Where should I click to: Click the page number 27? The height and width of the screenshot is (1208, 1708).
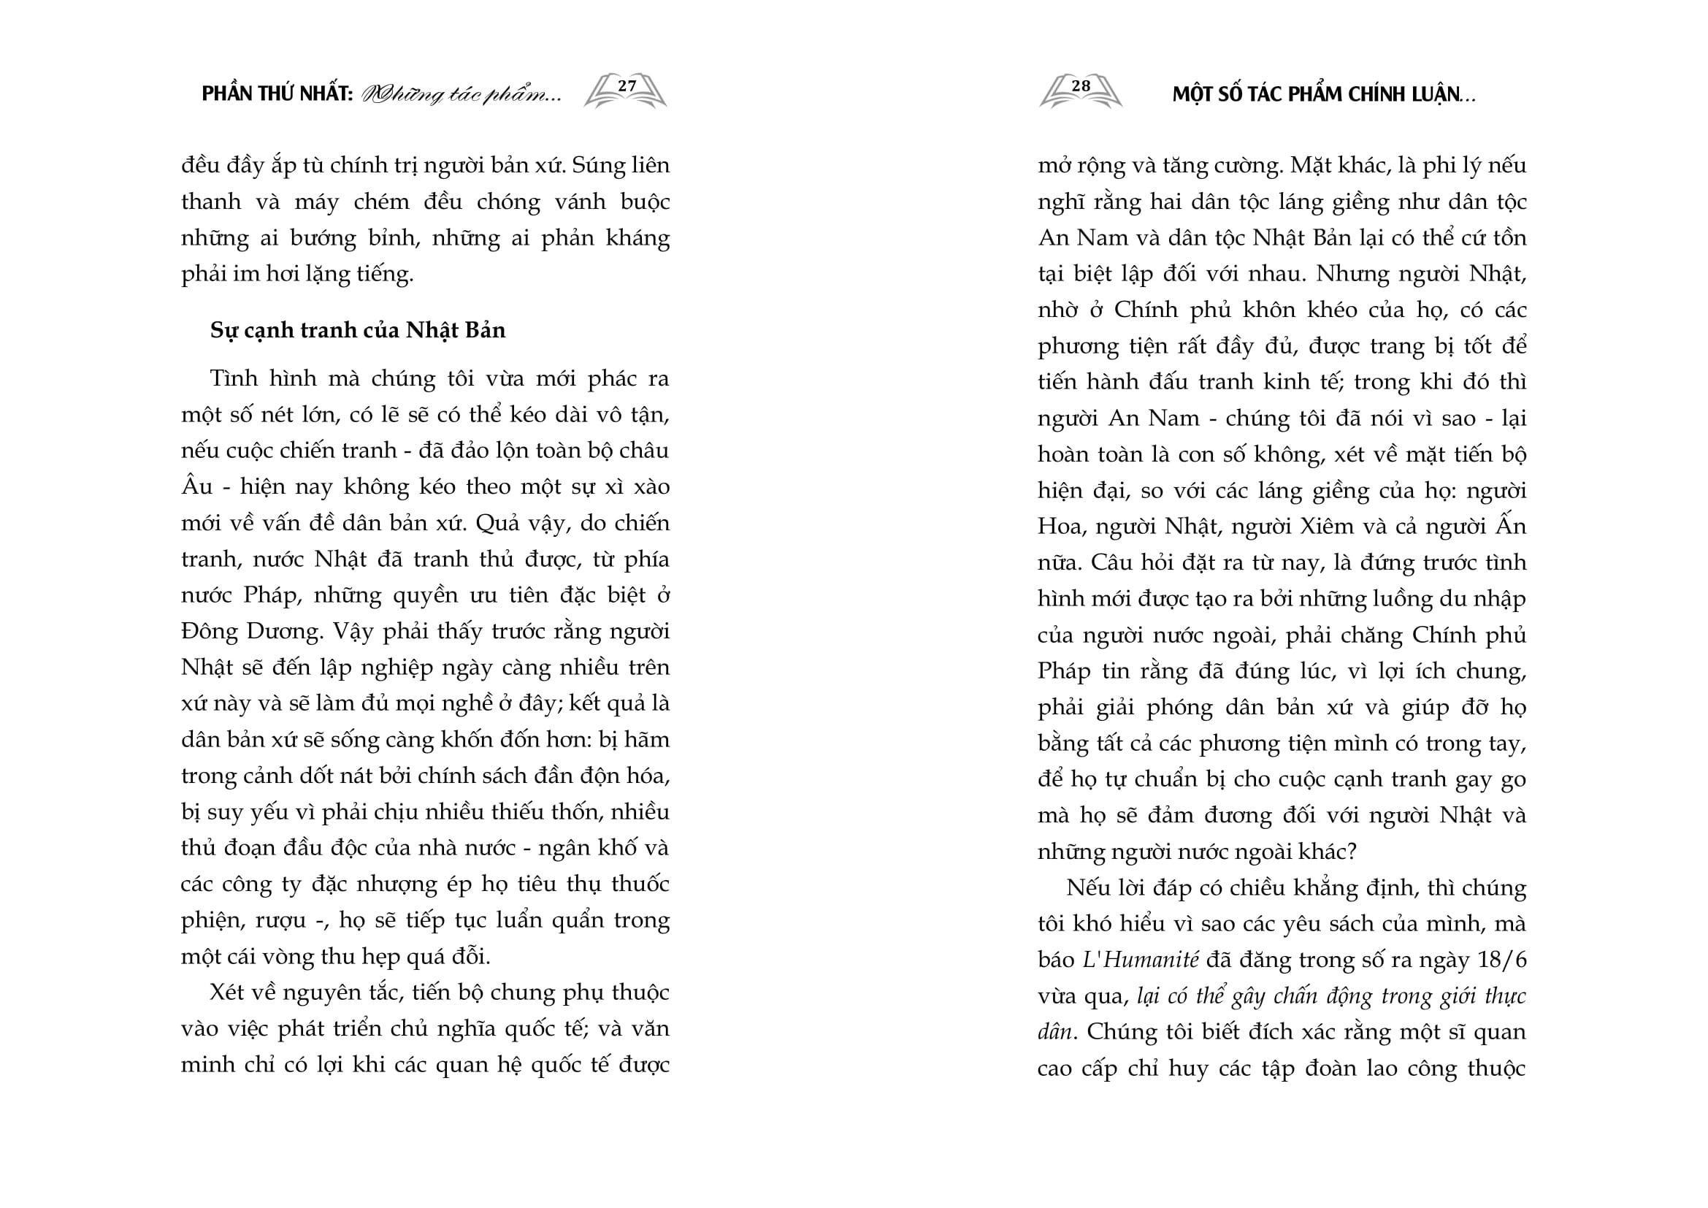point(627,86)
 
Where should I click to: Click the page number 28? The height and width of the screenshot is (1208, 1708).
point(1080,86)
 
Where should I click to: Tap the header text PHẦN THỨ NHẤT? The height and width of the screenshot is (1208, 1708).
point(277,95)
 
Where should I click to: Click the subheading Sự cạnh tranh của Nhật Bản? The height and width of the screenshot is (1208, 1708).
point(357,329)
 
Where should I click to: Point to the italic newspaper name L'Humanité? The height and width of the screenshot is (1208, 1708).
point(1140,960)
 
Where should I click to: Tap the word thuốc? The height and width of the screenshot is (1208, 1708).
point(640,884)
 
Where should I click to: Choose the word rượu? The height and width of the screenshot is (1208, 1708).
point(280,921)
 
